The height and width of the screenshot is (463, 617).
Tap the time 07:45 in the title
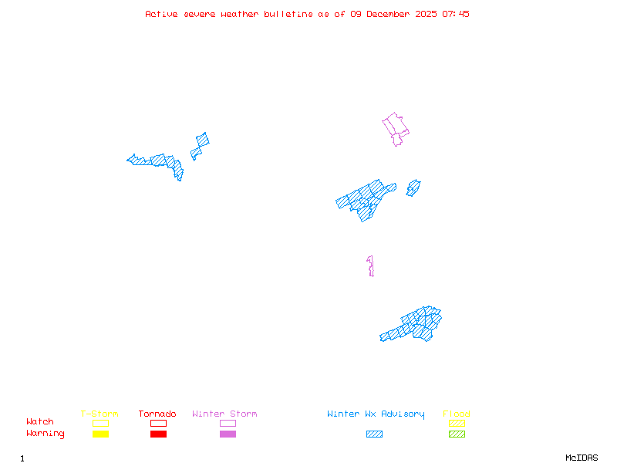454,14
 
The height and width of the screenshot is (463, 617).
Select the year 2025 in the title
427,14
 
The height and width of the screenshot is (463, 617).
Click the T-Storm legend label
99,414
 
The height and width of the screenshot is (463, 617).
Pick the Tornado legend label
157,414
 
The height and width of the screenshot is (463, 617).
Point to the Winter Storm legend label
224,414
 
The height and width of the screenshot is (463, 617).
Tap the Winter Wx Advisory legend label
376,414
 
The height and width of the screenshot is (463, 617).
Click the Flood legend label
457,414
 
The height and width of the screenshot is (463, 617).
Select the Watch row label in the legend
40,422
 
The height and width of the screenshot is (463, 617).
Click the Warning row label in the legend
46,434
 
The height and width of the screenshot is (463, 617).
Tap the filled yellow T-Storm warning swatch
100,434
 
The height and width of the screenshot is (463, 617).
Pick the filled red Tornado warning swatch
158,434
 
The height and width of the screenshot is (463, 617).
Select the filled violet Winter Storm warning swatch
228,434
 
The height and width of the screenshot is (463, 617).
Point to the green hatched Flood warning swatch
457,434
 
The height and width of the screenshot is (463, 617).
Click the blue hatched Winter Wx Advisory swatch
374,434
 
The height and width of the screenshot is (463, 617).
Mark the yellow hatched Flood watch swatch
457,423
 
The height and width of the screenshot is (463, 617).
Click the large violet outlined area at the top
396,127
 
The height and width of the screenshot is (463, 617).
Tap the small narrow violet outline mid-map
371,265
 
